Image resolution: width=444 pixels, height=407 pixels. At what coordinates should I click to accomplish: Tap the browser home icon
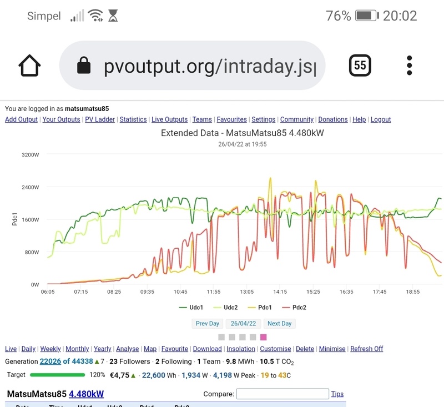(x=30, y=66)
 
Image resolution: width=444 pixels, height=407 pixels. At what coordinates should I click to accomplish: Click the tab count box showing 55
(x=360, y=66)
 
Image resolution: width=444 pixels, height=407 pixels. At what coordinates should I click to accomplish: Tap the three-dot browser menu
(x=410, y=66)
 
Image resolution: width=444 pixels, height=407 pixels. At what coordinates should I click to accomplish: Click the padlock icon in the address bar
(x=84, y=66)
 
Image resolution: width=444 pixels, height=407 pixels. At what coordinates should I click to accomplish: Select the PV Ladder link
(x=100, y=119)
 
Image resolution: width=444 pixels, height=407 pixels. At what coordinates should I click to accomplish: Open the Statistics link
(x=133, y=119)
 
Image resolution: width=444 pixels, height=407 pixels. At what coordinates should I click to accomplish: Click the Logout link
(x=381, y=119)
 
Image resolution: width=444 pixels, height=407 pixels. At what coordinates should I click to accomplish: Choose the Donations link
(x=333, y=119)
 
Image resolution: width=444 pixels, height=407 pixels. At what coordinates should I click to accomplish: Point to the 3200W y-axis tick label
(x=30, y=154)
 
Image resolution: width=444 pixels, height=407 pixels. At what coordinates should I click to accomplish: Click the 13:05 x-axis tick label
(x=246, y=292)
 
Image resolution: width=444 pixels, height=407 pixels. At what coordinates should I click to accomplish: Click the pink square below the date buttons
(x=264, y=337)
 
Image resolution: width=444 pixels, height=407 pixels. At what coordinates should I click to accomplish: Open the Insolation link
(x=241, y=349)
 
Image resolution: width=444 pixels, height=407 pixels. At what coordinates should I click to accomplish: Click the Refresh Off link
(x=367, y=349)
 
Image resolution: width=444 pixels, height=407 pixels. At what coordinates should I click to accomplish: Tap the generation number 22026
(x=50, y=361)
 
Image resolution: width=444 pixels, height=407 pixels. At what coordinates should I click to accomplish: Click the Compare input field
(x=282, y=394)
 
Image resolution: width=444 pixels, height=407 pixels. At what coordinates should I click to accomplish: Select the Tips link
(x=337, y=394)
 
